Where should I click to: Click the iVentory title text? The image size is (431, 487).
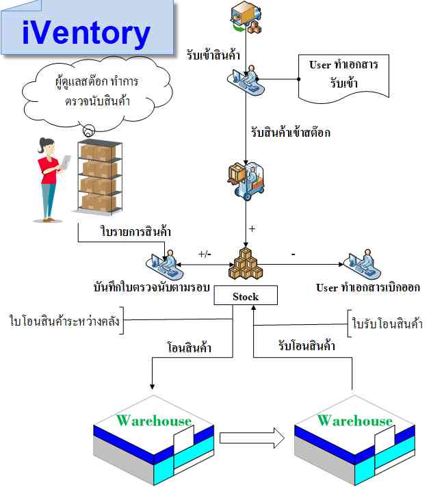click(86, 33)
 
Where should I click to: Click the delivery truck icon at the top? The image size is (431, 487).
click(246, 17)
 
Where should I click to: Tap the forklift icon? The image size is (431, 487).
click(246, 183)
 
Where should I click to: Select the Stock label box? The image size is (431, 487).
click(246, 295)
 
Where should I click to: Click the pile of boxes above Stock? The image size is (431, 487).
click(246, 263)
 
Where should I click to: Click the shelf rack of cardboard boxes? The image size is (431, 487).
click(99, 176)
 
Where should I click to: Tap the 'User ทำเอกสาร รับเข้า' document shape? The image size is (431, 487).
click(343, 78)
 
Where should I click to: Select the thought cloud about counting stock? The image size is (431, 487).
click(97, 93)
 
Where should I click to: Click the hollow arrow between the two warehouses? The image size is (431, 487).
click(252, 438)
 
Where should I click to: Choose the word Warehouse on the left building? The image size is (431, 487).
click(154, 421)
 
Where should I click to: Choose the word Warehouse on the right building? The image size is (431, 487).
click(354, 421)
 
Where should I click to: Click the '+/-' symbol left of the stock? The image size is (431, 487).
click(205, 254)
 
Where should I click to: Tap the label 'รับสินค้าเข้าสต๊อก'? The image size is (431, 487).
click(291, 133)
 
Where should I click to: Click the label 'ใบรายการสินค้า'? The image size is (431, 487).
click(135, 231)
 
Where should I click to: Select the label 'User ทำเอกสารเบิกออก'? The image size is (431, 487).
click(368, 287)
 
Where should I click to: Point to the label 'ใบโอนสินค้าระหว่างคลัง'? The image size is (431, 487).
click(64, 321)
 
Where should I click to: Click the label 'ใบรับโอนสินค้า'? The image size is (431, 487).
click(387, 324)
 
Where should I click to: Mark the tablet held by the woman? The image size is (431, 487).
click(66, 162)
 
